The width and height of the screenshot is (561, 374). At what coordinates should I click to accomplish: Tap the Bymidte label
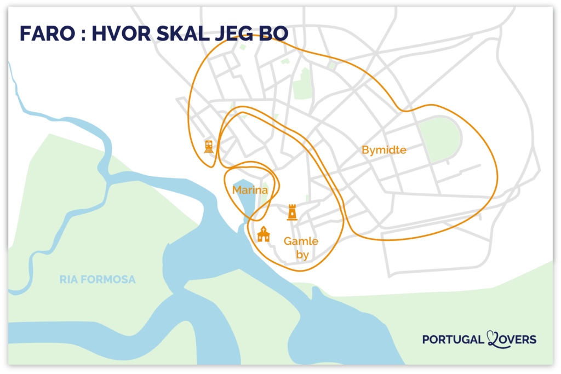pos(384,149)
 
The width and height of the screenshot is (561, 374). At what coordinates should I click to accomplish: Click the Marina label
pos(250,190)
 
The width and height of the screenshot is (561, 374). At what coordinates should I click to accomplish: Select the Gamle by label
pos(301,248)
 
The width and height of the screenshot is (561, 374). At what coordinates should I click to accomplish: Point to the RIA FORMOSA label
pos(98,280)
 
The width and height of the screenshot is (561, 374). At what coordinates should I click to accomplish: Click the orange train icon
pos(209,146)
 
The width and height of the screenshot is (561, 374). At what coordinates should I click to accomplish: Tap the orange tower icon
pos(292,212)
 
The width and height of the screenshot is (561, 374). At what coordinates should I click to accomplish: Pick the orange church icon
pos(264,234)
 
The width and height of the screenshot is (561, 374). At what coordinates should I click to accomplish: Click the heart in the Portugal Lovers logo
pos(493,340)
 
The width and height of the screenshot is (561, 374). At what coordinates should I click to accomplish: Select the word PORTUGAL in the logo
pos(453,340)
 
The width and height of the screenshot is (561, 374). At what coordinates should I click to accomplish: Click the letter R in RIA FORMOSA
pos(63,280)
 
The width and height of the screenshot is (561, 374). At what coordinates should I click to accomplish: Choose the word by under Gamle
pos(302,255)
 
